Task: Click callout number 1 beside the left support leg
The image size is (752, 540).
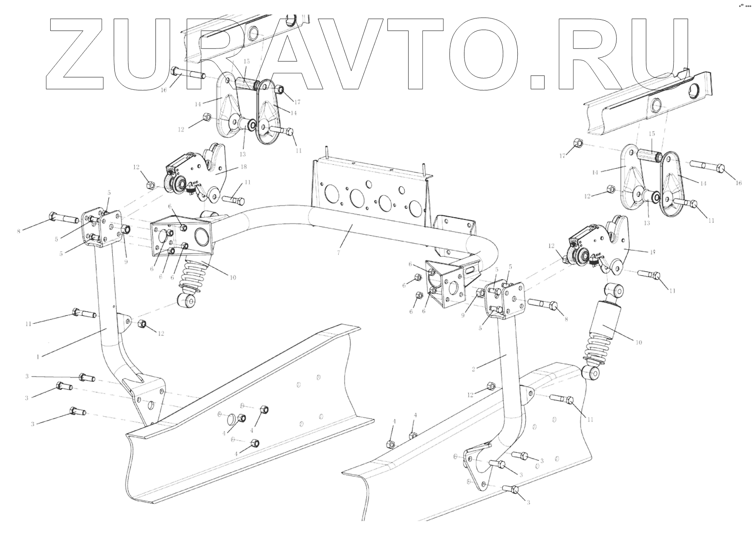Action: [x=38, y=356]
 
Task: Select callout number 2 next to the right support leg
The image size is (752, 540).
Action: [x=473, y=369]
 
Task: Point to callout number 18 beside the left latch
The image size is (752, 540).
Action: [x=243, y=167]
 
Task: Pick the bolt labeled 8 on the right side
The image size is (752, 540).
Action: [x=544, y=304]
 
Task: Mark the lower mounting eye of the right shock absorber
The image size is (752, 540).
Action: [x=590, y=373]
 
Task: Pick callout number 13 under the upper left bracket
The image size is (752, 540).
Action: [x=243, y=154]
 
